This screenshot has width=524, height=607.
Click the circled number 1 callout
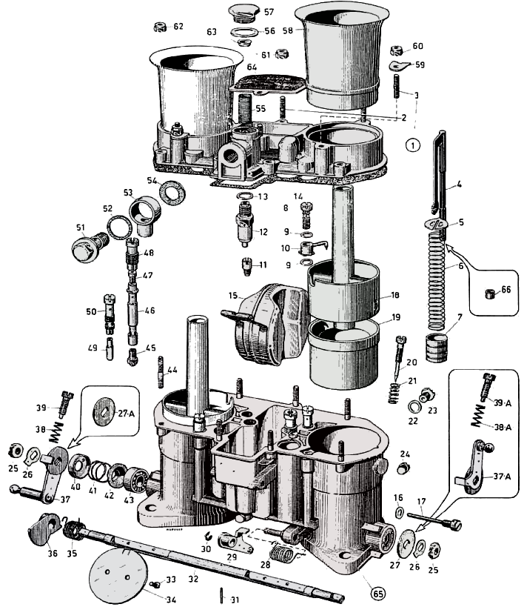point(413,145)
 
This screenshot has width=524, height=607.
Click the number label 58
point(285,30)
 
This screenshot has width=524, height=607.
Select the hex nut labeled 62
point(158,27)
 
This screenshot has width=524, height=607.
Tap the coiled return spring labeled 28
point(282,552)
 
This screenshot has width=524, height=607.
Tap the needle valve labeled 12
point(242,227)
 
